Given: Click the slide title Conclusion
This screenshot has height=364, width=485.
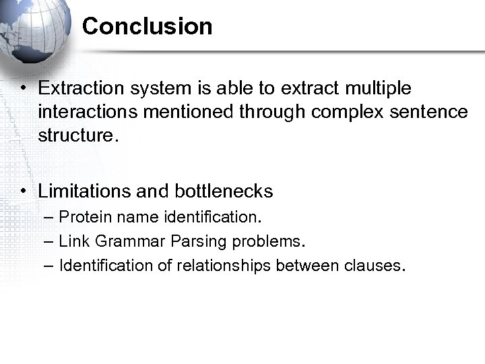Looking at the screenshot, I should pos(147,27).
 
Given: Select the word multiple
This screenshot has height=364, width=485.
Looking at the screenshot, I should pos(379,89).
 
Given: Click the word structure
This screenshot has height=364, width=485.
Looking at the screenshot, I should pos(77,135).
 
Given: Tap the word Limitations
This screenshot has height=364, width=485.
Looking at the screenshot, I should pos(85,191).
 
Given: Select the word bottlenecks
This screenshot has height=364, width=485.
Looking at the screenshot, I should pos(224,191).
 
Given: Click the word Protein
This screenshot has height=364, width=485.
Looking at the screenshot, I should pos(82,218).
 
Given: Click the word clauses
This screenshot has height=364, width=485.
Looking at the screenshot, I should pos(373,266).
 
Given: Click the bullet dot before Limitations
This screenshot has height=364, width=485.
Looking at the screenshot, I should pos(24,192).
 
